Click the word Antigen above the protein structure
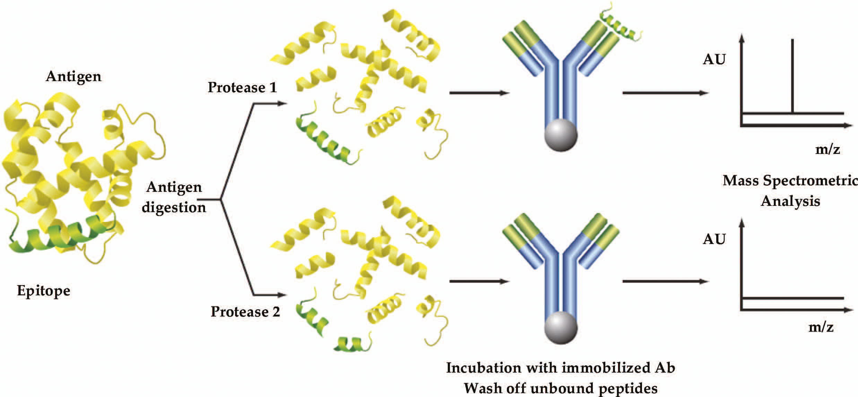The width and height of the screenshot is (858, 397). [x=73, y=77]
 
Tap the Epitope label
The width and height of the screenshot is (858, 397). [x=44, y=291]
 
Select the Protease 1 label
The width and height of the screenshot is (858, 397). [x=242, y=87]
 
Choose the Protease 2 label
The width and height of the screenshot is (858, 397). [x=245, y=312]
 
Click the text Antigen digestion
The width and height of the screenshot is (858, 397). [x=174, y=197]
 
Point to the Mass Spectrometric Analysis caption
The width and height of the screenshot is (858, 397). [x=790, y=191]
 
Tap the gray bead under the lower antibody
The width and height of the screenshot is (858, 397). [x=561, y=328]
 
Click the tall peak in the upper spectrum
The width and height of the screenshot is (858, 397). [x=792, y=76]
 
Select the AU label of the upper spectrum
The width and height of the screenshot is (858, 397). [x=714, y=60]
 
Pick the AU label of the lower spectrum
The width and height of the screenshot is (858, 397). [x=714, y=239]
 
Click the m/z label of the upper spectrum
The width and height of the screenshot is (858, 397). [x=827, y=149]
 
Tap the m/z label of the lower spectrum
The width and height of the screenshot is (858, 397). [x=821, y=327]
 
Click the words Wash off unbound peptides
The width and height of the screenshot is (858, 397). [x=561, y=388]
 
